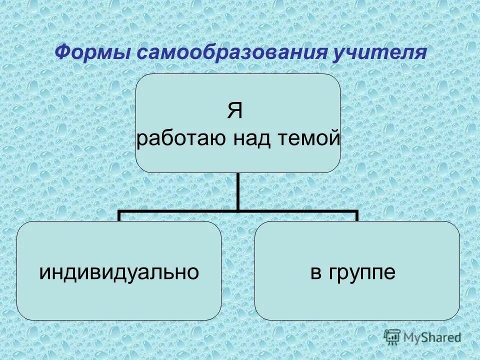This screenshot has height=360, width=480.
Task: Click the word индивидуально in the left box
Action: coord(119,272)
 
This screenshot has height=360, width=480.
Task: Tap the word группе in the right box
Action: coord(365,272)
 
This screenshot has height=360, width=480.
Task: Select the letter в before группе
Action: coord(316,273)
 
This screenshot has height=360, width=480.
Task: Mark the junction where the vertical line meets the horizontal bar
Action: coord(238,211)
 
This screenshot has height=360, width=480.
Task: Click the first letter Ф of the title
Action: coord(61,52)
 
